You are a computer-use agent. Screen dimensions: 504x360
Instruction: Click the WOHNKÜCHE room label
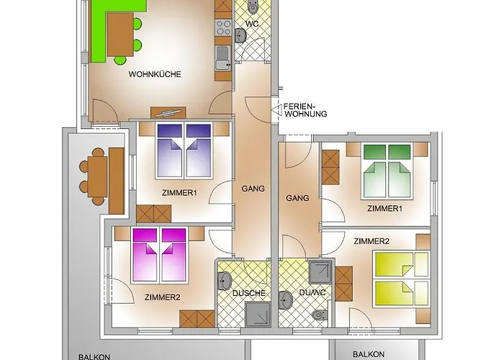click(155, 74)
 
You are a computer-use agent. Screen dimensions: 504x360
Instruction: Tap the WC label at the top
click(252, 24)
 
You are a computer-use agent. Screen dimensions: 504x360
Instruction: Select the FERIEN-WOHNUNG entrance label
click(305, 110)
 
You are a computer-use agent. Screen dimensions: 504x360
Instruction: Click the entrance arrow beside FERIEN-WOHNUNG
click(276, 111)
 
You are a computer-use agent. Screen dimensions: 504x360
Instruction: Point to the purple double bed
click(184, 151)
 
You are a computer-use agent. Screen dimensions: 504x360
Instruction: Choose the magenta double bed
click(159, 255)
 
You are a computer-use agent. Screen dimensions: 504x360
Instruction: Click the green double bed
click(387, 171)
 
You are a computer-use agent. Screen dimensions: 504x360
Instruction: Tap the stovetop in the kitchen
click(223, 27)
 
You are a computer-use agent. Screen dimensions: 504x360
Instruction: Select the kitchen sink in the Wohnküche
click(223, 58)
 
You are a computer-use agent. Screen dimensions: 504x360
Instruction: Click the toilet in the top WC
click(253, 6)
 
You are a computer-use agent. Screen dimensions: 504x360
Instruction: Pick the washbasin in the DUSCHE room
click(224, 281)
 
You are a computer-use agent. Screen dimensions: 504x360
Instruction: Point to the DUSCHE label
click(249, 293)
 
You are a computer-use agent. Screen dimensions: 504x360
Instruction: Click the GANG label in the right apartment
click(297, 198)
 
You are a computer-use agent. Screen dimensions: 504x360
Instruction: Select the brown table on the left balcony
click(97, 176)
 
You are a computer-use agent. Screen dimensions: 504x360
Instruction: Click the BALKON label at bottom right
click(369, 354)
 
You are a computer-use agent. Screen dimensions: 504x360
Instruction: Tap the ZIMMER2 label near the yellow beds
click(372, 241)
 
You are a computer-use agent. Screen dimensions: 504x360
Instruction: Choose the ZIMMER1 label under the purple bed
click(179, 193)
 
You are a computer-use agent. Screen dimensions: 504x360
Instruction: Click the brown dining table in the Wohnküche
click(120, 35)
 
